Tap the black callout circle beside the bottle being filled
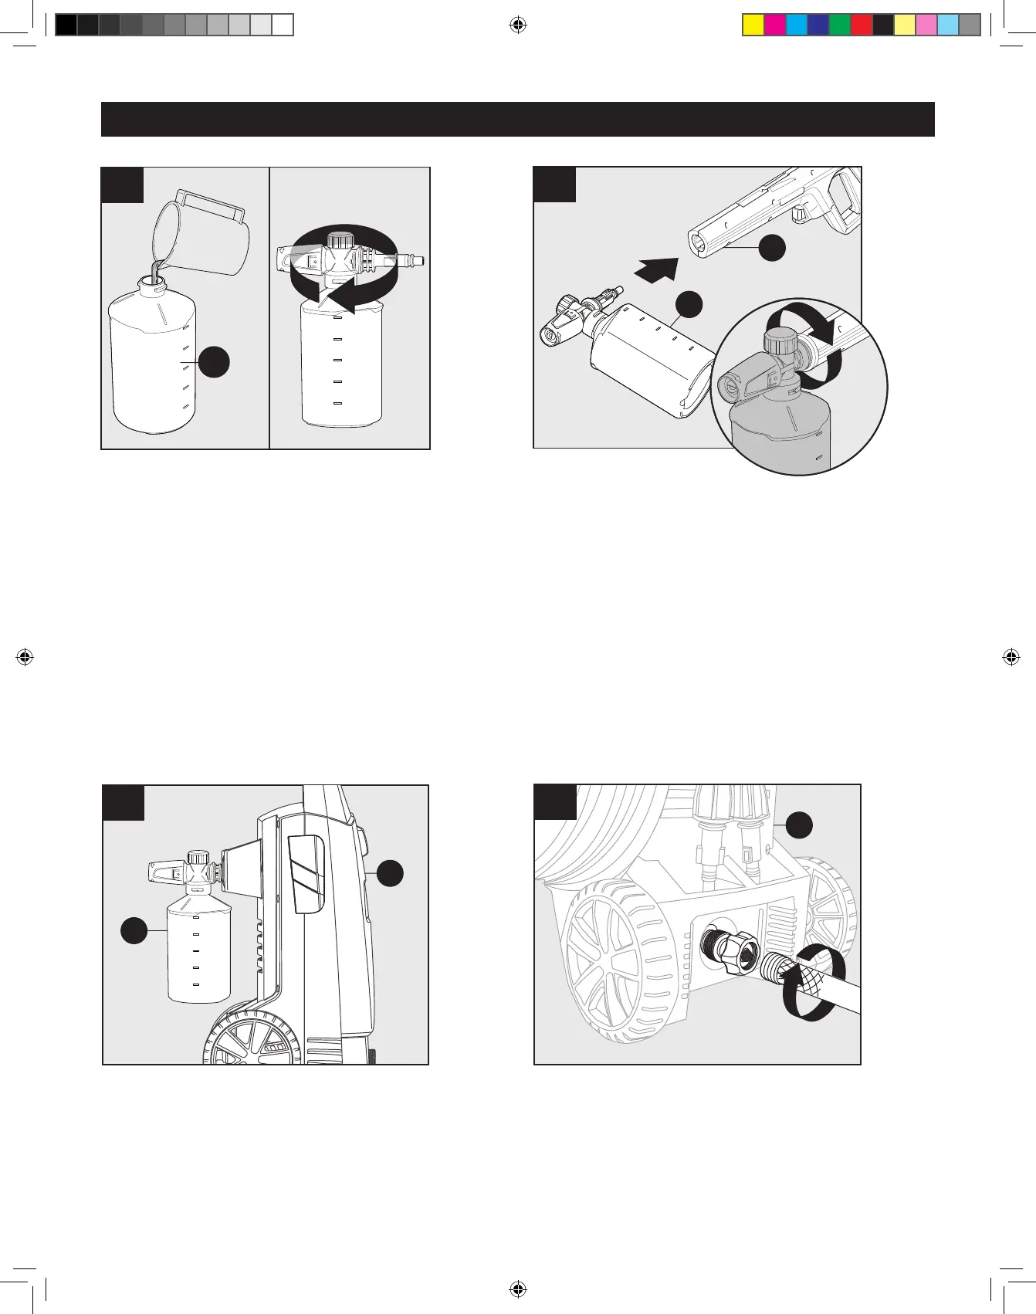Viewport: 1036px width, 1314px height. coord(215,362)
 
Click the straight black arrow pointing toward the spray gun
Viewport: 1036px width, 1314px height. coord(657,271)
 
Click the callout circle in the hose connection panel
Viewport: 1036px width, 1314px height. coord(800,825)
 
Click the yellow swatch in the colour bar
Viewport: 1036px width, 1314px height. coord(753,25)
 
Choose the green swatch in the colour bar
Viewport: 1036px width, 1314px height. coord(840,25)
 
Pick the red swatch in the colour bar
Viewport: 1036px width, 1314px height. coord(862,25)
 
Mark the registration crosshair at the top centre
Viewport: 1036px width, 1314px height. coord(518,25)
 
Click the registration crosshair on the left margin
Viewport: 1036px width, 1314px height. coord(25,657)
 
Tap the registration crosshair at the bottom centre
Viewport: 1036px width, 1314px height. coord(518,1289)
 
